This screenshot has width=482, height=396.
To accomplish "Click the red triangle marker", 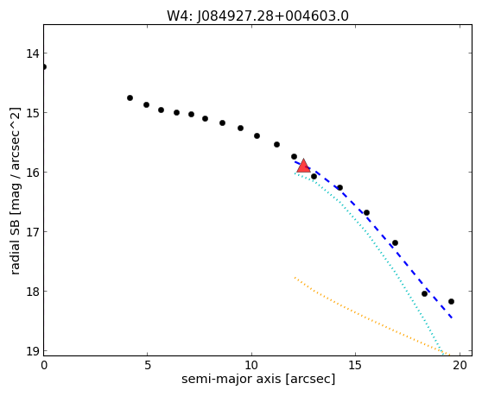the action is (x=303, y=166).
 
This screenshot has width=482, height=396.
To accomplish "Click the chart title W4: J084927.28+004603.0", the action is (x=257, y=16).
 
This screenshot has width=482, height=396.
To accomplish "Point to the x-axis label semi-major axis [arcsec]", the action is (x=258, y=379).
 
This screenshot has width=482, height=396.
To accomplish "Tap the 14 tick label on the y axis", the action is (x=33, y=53).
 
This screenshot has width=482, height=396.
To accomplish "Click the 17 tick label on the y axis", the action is (x=33, y=232).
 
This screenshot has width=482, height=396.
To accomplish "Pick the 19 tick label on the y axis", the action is (x=33, y=350).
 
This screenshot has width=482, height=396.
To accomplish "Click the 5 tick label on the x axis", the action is (x=148, y=365).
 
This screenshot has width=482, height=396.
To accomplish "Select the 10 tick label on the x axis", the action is (x=251, y=365).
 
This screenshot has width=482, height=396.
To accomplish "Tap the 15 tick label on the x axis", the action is (x=355, y=365).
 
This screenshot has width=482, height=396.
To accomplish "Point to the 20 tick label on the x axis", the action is (x=460, y=365).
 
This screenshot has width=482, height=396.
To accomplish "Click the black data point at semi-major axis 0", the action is (x=44, y=67).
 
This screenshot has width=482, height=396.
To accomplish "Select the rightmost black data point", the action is (x=451, y=301).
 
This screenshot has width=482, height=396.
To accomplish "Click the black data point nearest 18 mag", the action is (x=424, y=294).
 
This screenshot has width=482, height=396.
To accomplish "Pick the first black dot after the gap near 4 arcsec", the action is (x=130, y=98).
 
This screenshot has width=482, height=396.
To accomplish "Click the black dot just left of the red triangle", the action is (x=294, y=156).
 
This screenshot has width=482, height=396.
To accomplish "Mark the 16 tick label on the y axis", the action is (x=33, y=173).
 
